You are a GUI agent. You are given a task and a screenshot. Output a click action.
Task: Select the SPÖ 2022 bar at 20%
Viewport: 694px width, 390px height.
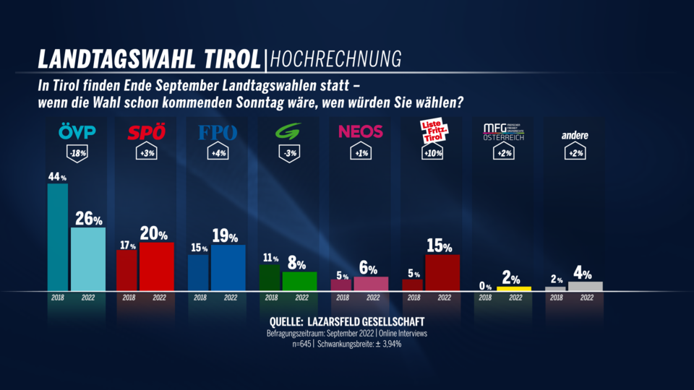(156, 266)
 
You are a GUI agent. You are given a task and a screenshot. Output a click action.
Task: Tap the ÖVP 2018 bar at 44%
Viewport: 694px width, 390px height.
(58, 237)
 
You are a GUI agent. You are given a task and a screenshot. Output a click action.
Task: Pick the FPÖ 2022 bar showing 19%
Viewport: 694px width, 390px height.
(228, 267)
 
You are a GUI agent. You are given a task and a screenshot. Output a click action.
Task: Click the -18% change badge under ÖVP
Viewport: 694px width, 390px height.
(75, 154)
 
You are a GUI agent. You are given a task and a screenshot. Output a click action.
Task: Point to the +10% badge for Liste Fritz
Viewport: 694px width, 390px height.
(432, 154)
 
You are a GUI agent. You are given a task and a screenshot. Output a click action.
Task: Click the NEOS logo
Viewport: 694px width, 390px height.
(360, 132)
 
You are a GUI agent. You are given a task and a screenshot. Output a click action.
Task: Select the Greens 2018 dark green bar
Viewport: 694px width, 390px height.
(270, 277)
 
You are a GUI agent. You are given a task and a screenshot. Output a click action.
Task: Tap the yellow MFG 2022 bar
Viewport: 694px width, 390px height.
(513, 288)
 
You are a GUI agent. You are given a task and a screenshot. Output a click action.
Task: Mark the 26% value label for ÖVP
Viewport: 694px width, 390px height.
(88, 219)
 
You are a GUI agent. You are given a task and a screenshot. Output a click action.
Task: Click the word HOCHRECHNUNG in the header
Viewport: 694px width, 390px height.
(335, 58)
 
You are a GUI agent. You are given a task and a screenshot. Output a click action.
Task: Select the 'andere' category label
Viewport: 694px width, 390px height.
(575, 135)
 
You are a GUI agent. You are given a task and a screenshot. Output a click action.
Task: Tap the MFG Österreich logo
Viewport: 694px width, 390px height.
(503, 132)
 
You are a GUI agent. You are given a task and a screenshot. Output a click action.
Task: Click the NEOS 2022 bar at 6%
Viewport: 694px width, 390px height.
(370, 283)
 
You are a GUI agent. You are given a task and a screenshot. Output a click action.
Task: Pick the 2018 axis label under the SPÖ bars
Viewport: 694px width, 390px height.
(128, 297)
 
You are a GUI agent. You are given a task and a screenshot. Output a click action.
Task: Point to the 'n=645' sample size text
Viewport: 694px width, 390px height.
(301, 344)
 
